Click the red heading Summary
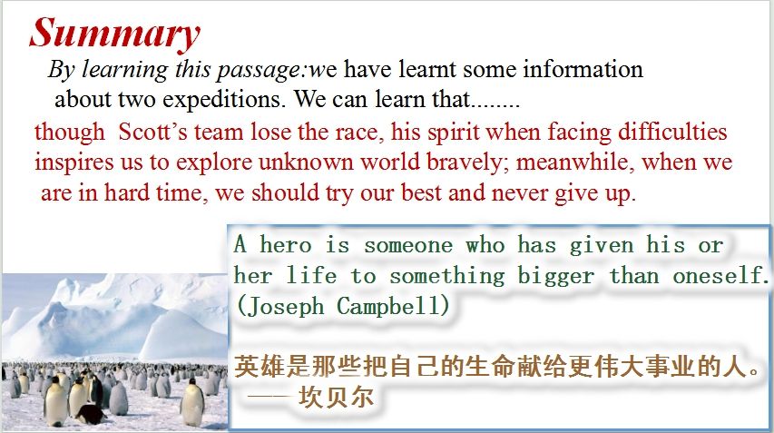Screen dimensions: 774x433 [114, 33]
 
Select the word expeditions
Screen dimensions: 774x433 [224, 100]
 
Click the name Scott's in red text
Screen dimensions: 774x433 [153, 132]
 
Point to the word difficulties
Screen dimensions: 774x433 [672, 132]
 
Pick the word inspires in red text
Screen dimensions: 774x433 [74, 162]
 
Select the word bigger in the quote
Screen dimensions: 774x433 [555, 275]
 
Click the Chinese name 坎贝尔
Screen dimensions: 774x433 [336, 397]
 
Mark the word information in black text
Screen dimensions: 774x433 [583, 69]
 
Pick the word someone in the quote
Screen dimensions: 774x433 [408, 245]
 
